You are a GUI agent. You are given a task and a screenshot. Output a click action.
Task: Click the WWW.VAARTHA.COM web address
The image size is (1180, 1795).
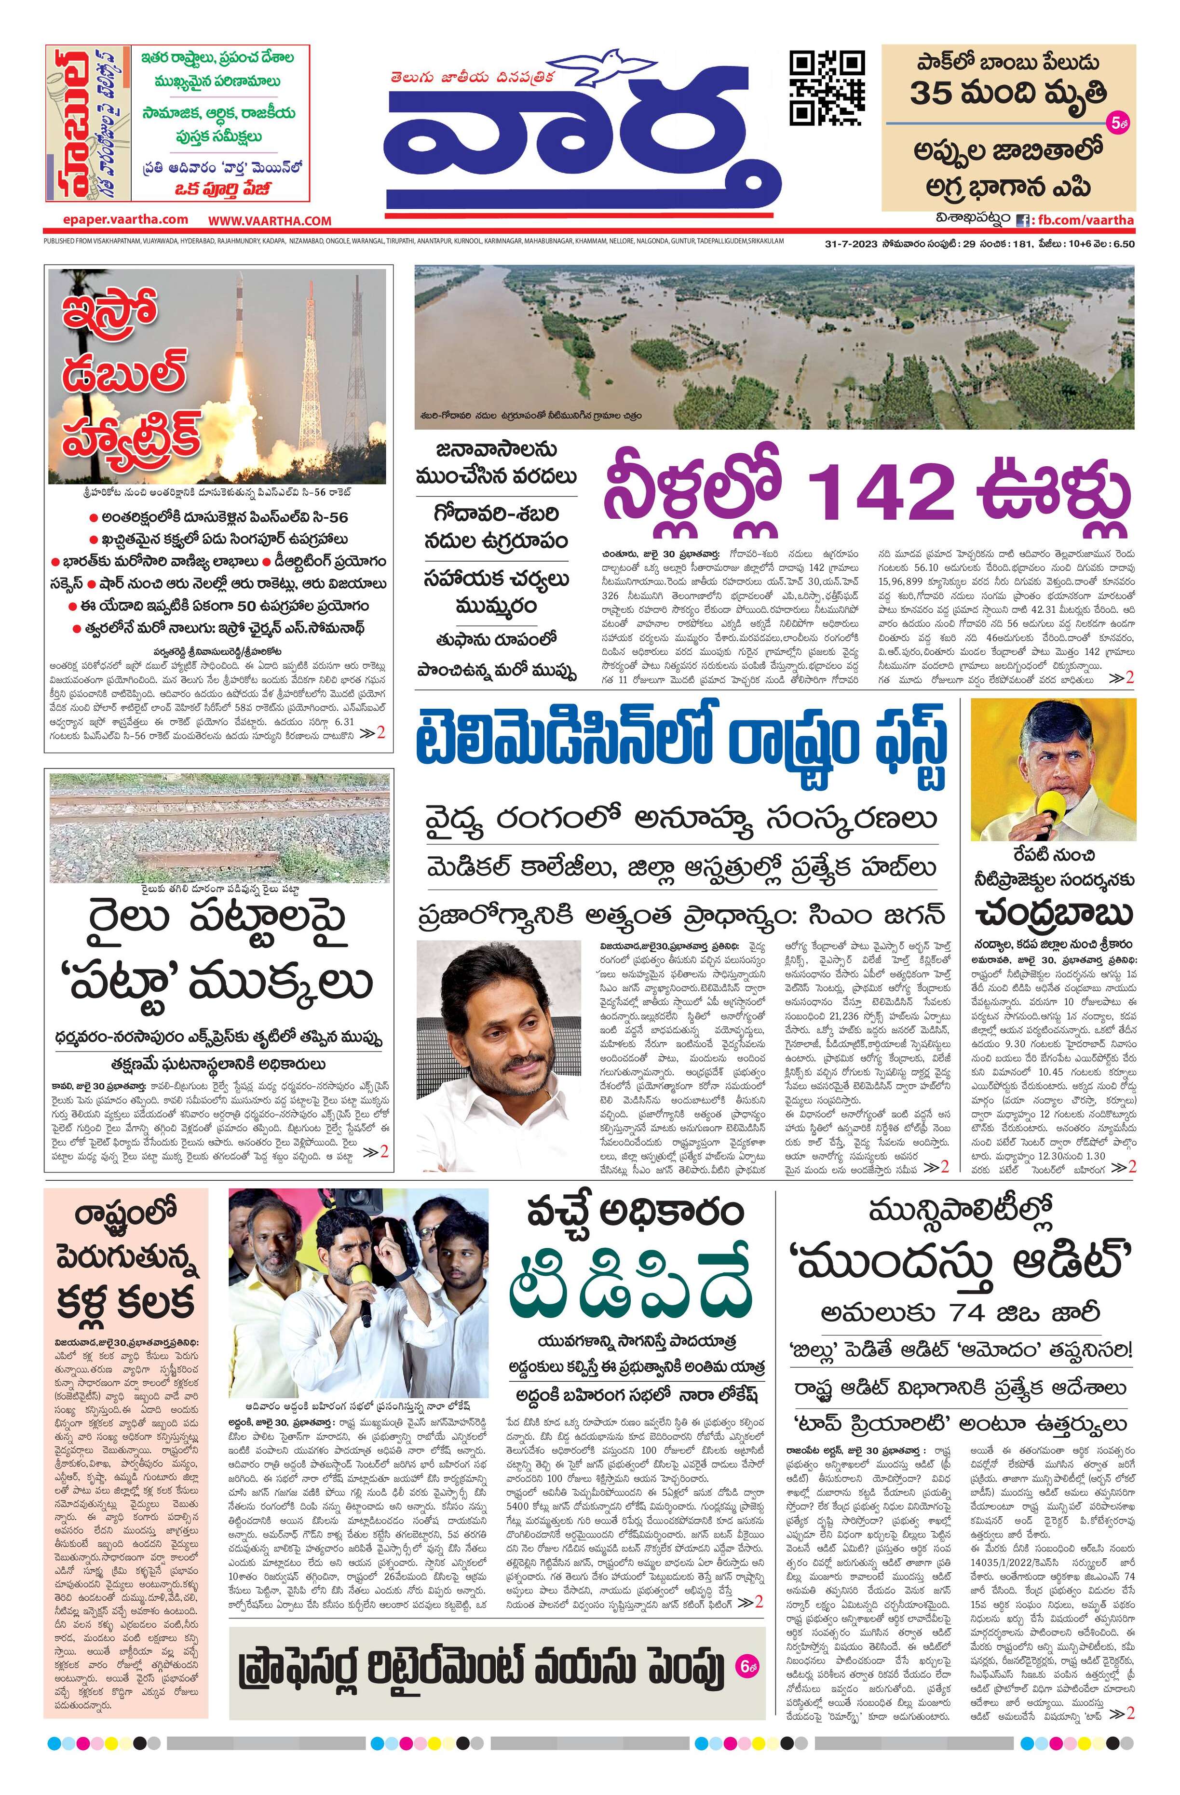[270, 221]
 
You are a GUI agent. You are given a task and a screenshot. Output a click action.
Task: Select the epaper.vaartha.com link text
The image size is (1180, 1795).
[126, 219]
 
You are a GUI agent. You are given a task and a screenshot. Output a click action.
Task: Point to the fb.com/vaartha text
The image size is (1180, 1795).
[1085, 220]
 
